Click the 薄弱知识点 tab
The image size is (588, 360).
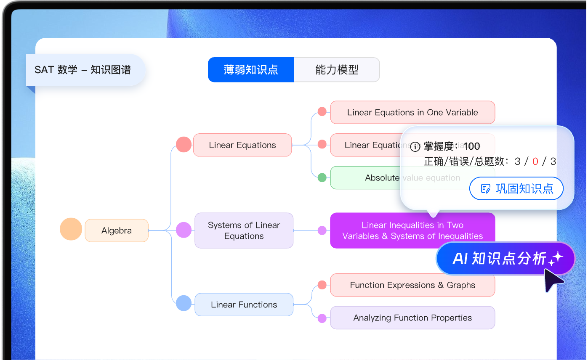coord(251,70)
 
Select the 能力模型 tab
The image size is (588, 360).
coord(337,70)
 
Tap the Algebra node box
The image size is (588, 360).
coord(117,230)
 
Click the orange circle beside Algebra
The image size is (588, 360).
coord(71,229)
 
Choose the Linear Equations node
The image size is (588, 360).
coord(242,145)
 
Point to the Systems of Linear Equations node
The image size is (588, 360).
coord(244,230)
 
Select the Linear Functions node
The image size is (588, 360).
coord(244,304)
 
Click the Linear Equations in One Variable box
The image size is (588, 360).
coord(412,112)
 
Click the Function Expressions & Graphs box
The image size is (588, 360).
coord(412,285)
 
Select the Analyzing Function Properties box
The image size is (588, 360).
coord(412,318)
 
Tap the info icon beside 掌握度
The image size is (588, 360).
coord(415,147)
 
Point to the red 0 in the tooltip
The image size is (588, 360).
coord(535,161)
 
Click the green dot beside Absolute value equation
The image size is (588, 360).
coord(322,177)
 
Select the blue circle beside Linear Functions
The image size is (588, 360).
coord(184,303)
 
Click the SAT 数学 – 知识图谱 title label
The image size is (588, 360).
coord(83,70)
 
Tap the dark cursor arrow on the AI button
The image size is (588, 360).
coord(553,280)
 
